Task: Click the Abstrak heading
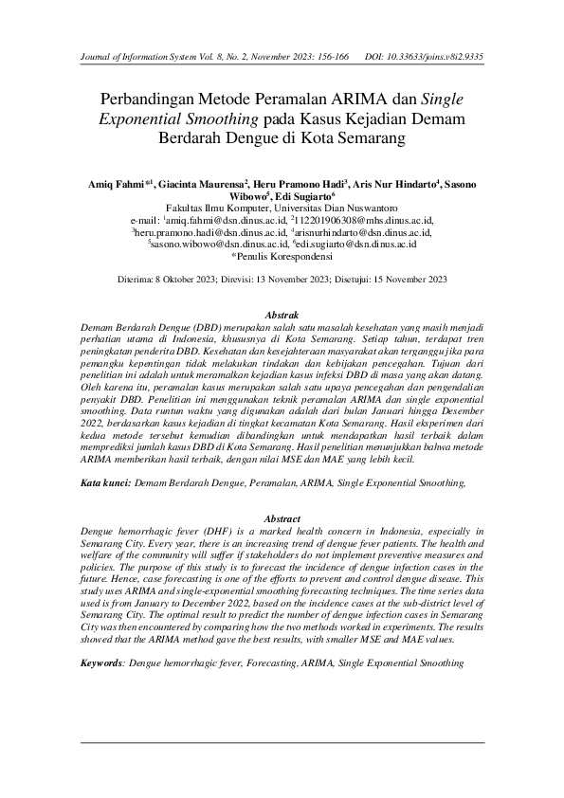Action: click(282, 314)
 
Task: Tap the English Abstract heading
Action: click(282, 519)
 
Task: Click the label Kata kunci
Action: click(104, 483)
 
